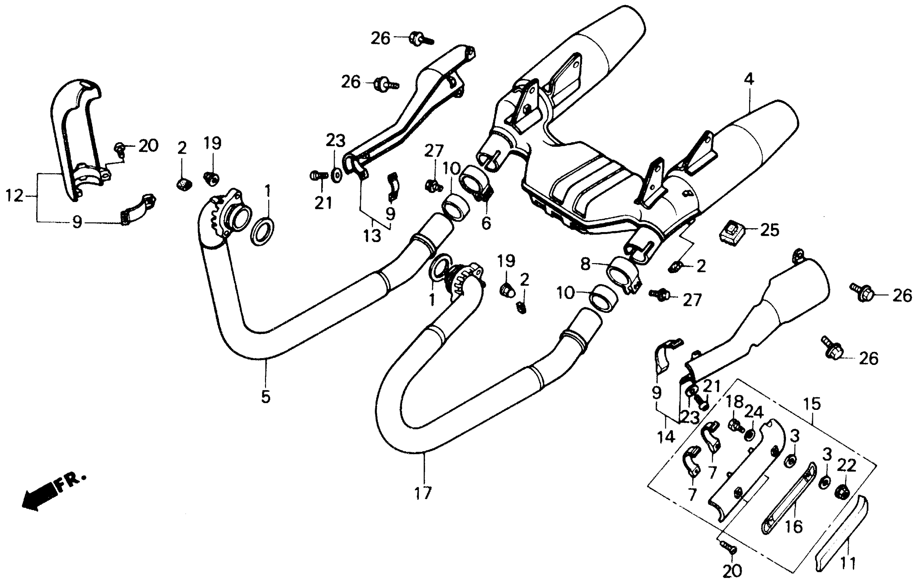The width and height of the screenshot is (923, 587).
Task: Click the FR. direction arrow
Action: click(x=40, y=496)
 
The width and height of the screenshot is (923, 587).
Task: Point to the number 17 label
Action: click(x=423, y=493)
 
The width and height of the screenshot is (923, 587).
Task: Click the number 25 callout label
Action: click(x=770, y=230)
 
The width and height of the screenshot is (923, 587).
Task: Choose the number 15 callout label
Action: click(x=812, y=404)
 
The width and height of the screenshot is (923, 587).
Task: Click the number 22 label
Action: click(x=846, y=466)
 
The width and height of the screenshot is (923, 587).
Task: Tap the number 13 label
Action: click(x=372, y=235)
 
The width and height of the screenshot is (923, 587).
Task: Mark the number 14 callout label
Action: click(x=666, y=436)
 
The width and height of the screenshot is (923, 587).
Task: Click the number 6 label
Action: click(x=486, y=223)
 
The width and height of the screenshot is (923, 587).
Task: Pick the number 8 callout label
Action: click(x=585, y=264)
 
